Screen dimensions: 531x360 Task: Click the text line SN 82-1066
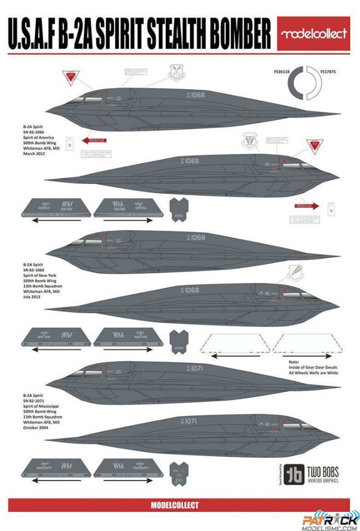[x=35, y=132]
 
